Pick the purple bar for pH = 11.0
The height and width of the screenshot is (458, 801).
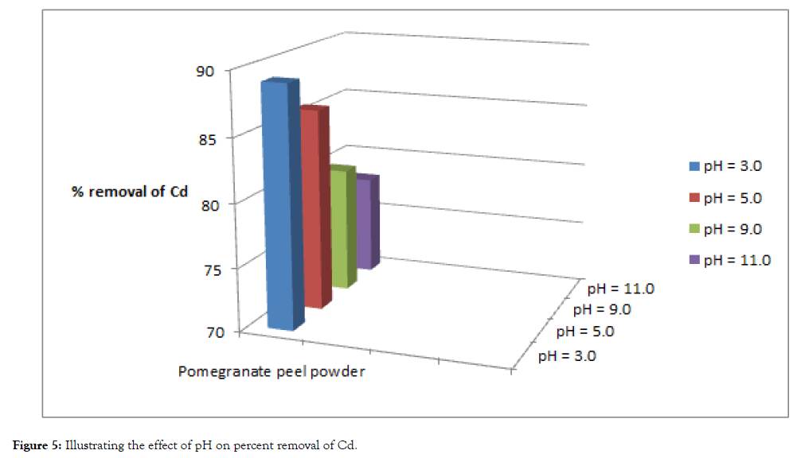365,223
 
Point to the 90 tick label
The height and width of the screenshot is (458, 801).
205,71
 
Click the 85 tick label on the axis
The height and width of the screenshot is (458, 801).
205,137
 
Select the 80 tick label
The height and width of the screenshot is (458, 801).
205,202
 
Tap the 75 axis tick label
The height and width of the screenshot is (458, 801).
205,267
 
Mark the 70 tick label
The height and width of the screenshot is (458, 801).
205,332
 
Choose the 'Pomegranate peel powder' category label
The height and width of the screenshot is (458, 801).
272,371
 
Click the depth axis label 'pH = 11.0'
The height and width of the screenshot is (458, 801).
620,288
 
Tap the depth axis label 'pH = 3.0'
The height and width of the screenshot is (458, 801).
567,355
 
